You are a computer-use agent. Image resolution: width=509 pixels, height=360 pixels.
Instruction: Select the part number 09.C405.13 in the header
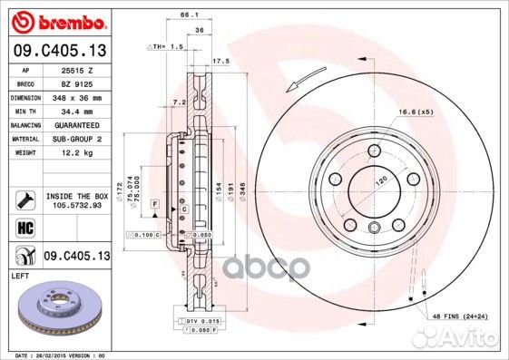click(x=59, y=51)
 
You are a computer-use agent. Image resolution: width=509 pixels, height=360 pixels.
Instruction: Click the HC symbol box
click(x=25, y=227)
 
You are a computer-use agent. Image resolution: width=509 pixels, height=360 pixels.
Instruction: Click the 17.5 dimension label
click(x=218, y=62)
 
